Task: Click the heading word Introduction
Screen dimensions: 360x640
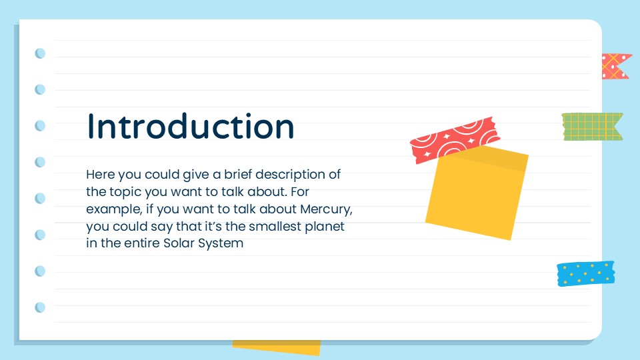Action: tap(191, 127)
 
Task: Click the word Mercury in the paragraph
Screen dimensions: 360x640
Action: tap(326, 209)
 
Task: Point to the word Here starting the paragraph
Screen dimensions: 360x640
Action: tap(100, 175)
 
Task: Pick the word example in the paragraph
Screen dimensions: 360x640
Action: tap(111, 209)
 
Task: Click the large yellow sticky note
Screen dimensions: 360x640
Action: tap(475, 193)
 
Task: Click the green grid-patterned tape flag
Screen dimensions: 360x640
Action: tap(591, 126)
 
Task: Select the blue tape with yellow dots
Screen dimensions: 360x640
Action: tap(585, 273)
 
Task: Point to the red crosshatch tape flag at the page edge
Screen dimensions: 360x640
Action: tap(615, 67)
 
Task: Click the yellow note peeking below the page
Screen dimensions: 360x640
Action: tap(277, 347)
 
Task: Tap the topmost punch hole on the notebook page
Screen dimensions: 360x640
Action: tap(40, 53)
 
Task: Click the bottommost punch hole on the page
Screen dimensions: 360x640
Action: tap(40, 307)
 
